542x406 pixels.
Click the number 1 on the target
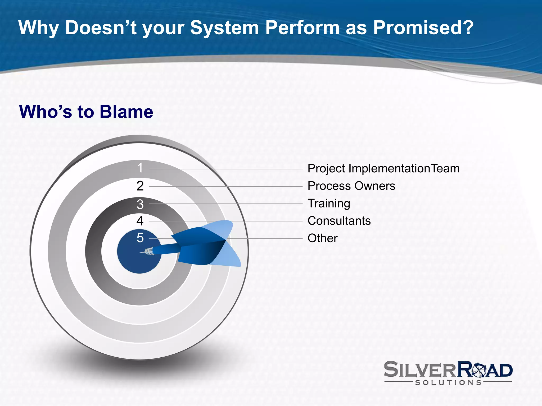click(x=140, y=168)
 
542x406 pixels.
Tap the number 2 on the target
click(x=140, y=186)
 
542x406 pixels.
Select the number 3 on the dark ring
click(x=140, y=204)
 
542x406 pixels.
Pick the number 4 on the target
click(x=140, y=221)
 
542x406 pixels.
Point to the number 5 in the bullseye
click(x=140, y=238)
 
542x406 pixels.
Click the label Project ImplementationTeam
click(x=383, y=169)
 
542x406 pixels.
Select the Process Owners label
click(x=351, y=186)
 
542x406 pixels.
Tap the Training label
click(x=329, y=204)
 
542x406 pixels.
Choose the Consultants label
click(x=339, y=221)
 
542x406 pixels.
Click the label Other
click(x=322, y=238)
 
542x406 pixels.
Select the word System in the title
click(x=224, y=27)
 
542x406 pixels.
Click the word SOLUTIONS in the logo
click(x=448, y=382)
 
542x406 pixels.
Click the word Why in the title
click(x=39, y=27)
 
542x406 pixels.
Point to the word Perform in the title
click(x=302, y=27)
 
